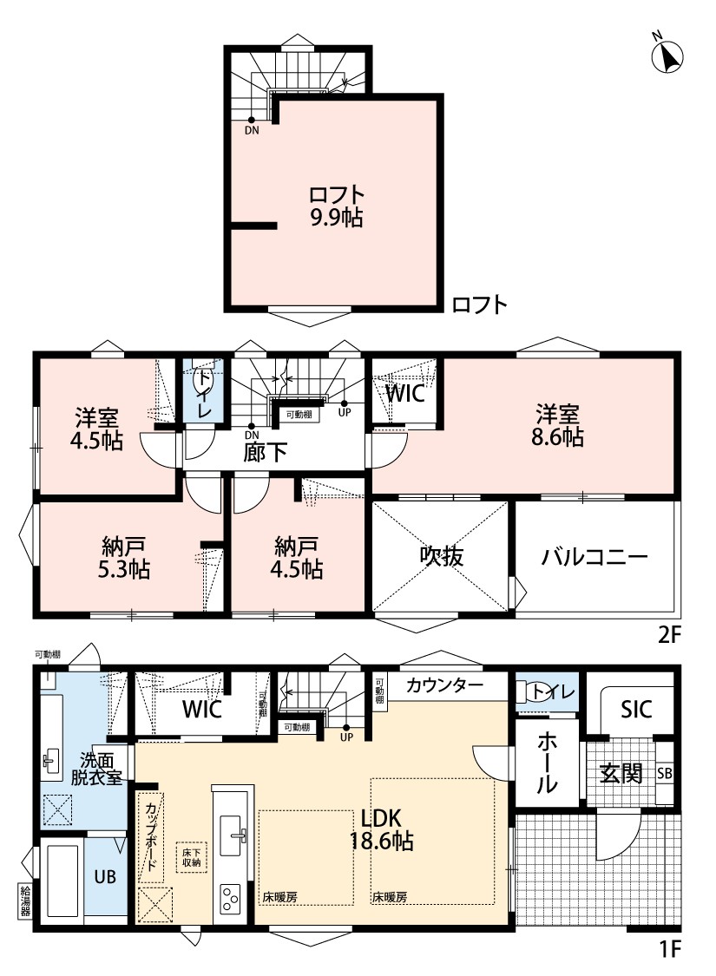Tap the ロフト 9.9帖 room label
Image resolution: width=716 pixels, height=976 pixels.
336,206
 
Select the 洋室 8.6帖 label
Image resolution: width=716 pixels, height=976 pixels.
557,426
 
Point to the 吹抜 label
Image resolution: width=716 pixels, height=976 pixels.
442,556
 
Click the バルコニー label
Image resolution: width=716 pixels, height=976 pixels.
594,556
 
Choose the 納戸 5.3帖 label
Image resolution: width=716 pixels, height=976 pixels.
124,559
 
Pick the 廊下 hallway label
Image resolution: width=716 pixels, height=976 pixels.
265,453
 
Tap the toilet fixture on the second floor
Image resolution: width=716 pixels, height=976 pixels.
201,377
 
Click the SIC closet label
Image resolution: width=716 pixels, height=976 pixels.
635,709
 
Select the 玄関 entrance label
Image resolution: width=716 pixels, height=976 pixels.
621,773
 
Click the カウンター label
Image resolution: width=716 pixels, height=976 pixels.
444,686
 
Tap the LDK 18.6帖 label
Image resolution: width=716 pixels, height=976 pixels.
382,829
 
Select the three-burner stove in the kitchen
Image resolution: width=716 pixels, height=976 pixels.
229,898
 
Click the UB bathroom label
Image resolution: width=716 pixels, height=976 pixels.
105,876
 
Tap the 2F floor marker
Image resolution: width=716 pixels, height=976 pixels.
670,635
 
